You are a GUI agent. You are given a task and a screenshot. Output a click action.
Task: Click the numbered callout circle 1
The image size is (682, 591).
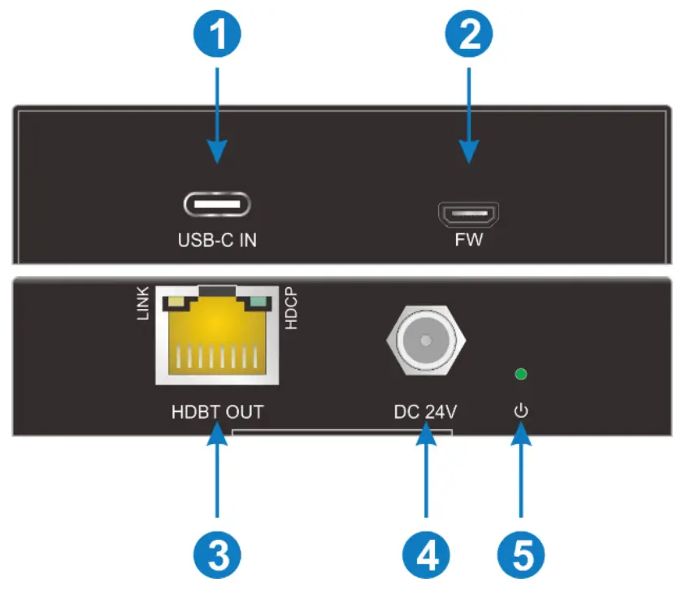click(x=217, y=36)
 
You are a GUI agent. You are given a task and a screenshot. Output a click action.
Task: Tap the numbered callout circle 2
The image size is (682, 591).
click(x=469, y=36)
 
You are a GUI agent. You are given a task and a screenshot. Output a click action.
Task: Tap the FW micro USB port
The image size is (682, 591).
click(x=469, y=214)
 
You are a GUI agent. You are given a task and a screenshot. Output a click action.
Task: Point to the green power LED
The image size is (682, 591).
click(x=521, y=375)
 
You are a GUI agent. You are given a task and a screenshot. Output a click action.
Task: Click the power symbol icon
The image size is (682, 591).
click(x=521, y=411)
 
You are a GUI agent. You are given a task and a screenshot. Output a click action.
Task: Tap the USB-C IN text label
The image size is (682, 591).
click(x=217, y=241)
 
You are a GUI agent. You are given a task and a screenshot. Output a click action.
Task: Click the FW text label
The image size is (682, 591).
click(x=469, y=241)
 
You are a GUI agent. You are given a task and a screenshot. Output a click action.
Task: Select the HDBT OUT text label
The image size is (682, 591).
click(x=217, y=412)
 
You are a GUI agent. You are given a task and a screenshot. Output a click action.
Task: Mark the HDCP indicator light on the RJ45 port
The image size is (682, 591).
click(x=258, y=304)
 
